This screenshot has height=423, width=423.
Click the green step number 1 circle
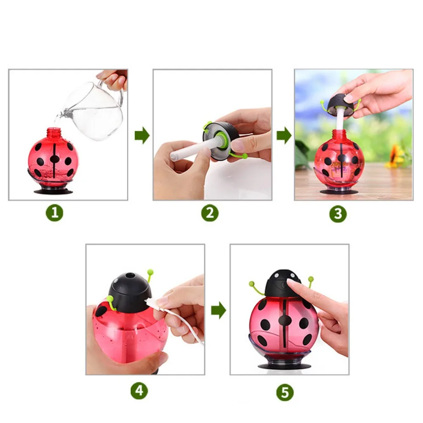coord(55,213)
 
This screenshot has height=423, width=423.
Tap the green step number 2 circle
coord(210,213)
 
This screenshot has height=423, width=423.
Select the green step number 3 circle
coord(338,214)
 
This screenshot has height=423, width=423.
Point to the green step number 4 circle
coord(139,390)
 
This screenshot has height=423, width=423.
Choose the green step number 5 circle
coord(285,392)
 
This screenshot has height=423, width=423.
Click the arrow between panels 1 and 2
coord(142,135)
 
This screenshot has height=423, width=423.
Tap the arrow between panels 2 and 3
coord(284,135)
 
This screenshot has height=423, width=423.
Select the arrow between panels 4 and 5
coord(219,310)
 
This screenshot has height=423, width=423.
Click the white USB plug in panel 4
coord(151,303)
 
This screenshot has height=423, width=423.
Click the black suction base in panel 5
coord(284,366)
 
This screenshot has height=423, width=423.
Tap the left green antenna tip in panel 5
coord(252,284)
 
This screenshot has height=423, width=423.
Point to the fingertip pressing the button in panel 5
coord(291,283)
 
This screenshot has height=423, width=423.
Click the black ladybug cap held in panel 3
coord(341,104)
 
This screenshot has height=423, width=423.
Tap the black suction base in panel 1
coord(53,192)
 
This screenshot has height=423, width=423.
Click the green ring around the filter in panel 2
coord(223,140)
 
